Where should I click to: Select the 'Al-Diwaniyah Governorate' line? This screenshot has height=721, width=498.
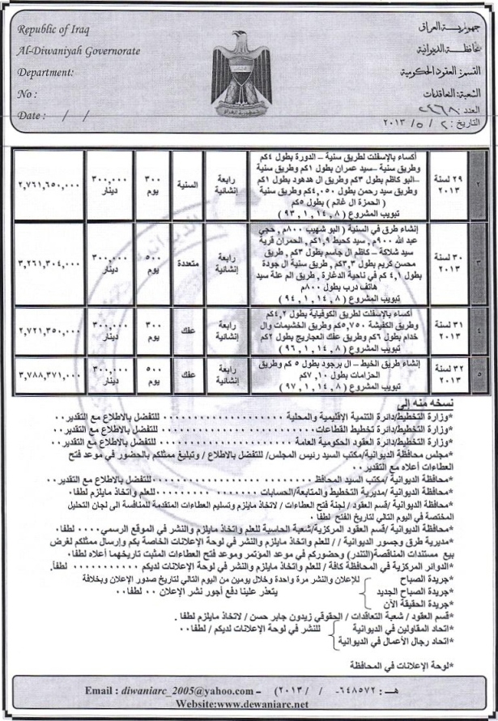(78, 51)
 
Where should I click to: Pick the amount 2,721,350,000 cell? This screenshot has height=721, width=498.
(43, 331)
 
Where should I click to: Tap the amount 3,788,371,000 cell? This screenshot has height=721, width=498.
(43, 375)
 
